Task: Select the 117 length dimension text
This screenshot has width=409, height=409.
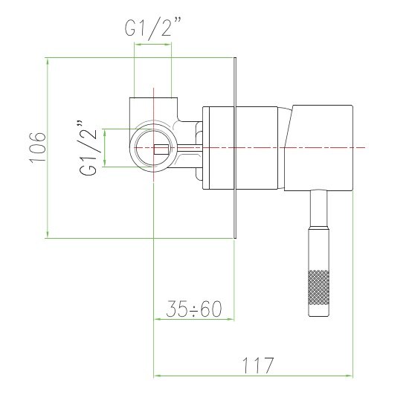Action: click(258, 365)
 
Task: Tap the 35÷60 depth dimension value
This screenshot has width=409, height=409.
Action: click(194, 309)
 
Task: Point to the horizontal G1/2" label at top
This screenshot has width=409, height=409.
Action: click(152, 28)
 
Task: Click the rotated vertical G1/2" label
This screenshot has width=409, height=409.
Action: click(88, 148)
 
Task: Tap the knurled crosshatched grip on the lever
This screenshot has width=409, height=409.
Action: click(318, 288)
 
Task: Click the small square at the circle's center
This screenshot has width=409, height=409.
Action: click(161, 149)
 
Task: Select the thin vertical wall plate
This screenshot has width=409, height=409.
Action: click(235, 148)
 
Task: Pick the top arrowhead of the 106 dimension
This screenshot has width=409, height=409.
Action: click(48, 62)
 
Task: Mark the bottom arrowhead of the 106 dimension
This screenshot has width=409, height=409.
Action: click(48, 234)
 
